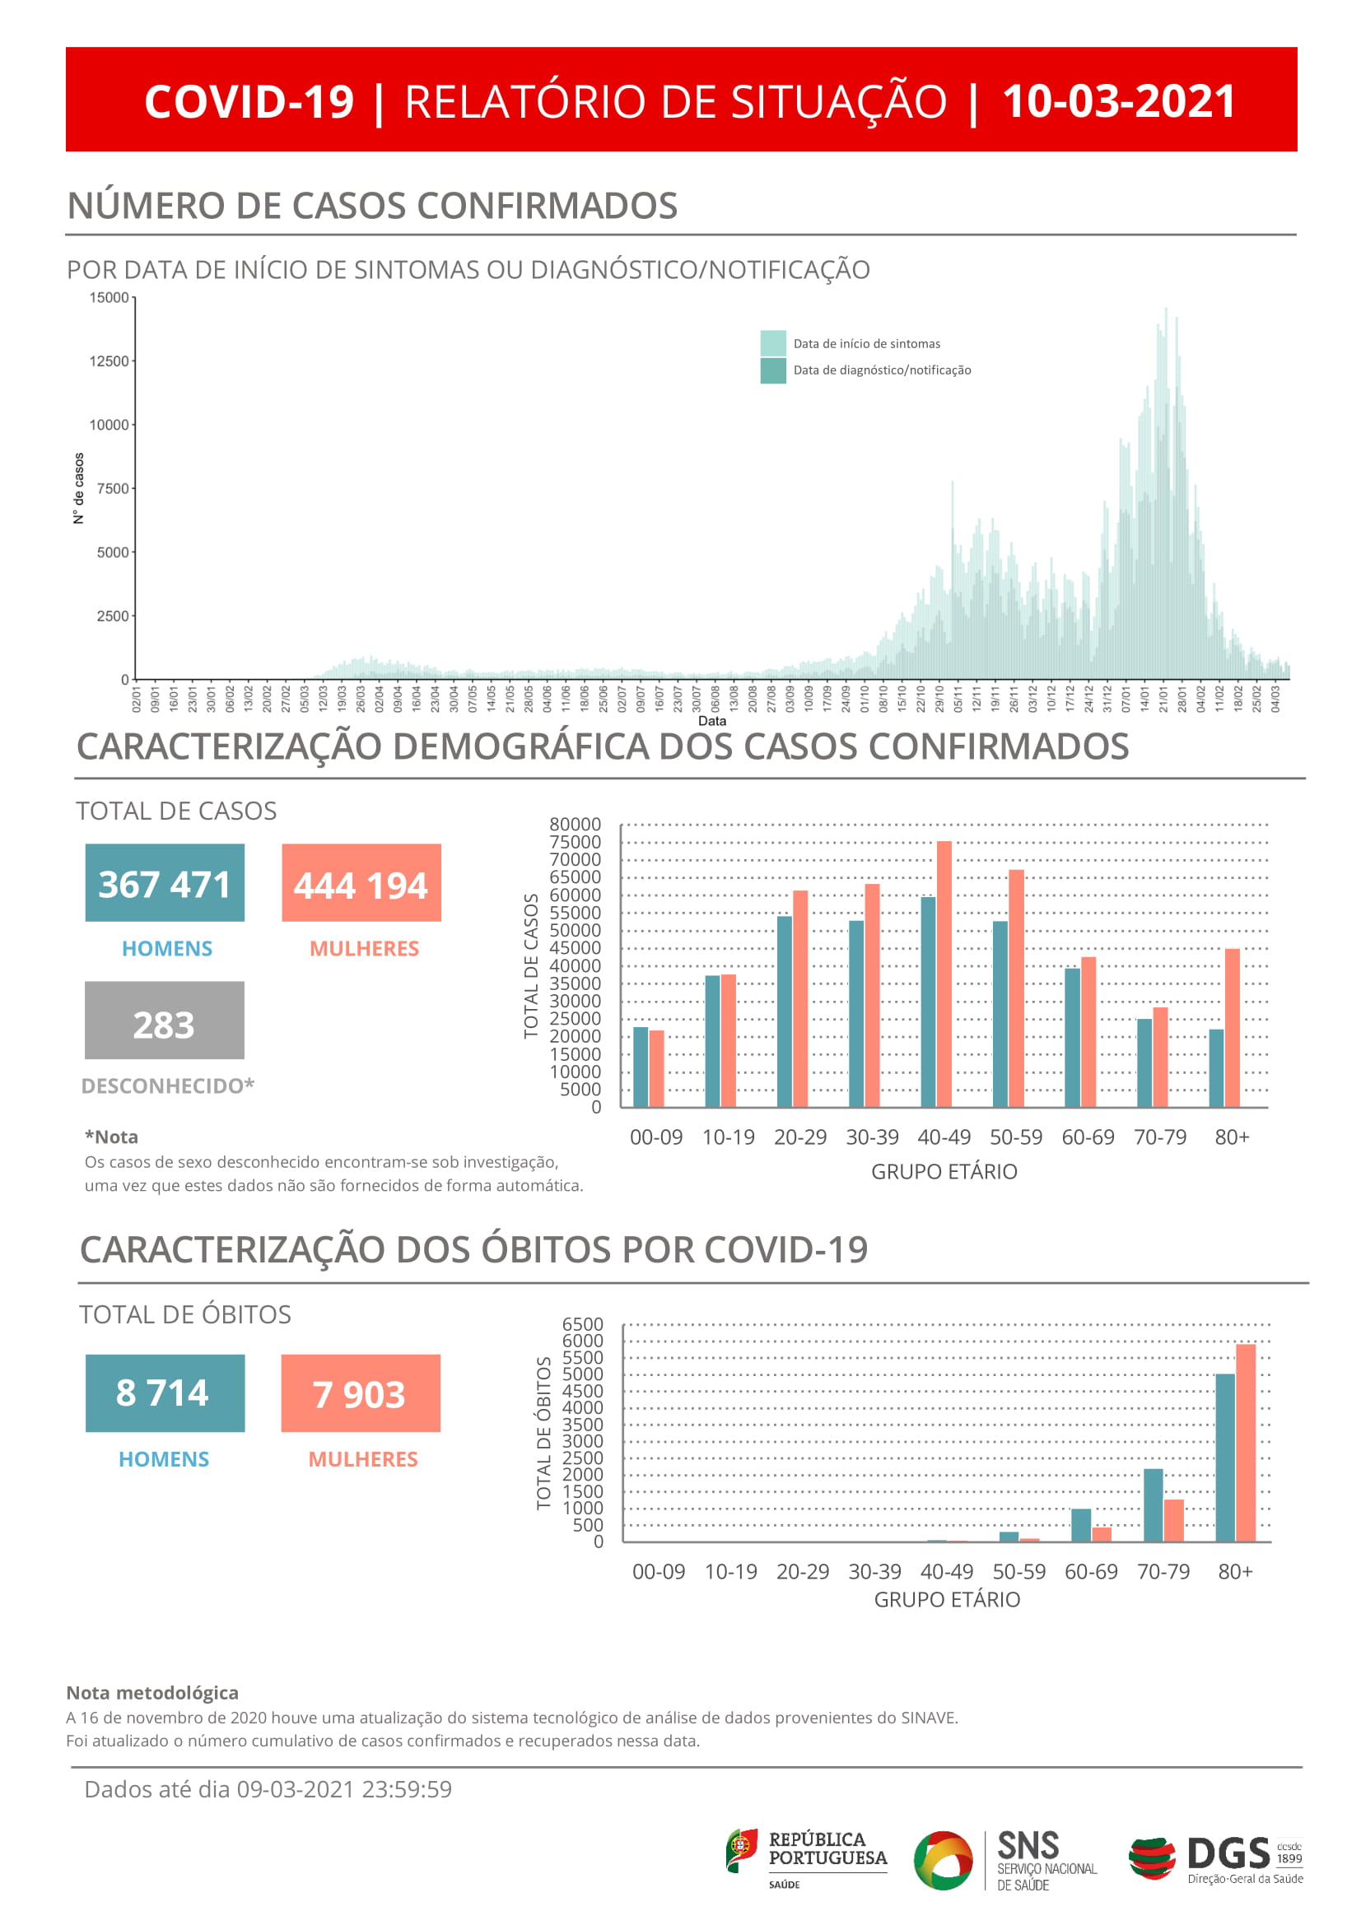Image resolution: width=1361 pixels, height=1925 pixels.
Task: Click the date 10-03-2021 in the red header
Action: point(1118,102)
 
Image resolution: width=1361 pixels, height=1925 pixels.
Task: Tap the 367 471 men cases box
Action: point(165,883)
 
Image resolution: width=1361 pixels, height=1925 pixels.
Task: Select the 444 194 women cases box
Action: point(361,883)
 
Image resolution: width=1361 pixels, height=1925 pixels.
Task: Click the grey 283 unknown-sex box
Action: point(165,1021)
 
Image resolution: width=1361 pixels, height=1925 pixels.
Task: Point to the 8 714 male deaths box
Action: point(165,1393)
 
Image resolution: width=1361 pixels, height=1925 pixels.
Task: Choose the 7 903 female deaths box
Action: point(360,1393)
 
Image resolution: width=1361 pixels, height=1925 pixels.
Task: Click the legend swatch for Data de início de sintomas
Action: point(772,343)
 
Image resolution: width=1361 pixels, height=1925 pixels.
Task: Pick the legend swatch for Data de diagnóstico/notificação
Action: point(772,370)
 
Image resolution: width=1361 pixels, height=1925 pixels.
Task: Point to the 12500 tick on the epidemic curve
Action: point(109,361)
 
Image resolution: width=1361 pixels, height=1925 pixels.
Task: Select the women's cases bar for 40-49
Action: point(944,973)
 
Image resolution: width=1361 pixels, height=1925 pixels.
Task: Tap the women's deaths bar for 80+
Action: point(1245,1442)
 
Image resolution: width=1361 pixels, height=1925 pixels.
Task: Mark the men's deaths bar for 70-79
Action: point(1153,1505)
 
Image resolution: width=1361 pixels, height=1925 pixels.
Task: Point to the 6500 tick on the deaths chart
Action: point(582,1325)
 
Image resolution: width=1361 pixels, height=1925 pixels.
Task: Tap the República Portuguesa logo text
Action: point(827,1848)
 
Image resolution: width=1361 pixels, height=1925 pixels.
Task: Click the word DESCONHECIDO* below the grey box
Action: point(168,1086)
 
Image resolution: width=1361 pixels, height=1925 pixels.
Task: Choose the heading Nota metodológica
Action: point(151,1693)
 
